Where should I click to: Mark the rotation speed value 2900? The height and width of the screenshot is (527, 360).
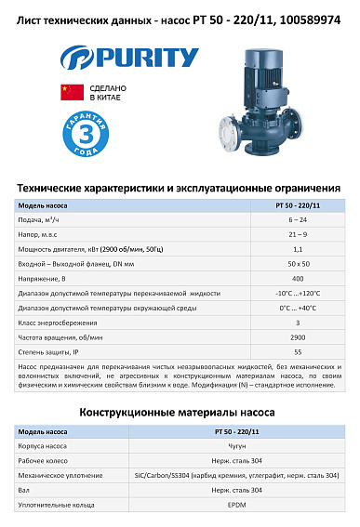pyautogui.click(x=297, y=337)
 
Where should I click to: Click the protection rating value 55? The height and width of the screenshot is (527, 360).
pyautogui.click(x=297, y=352)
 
